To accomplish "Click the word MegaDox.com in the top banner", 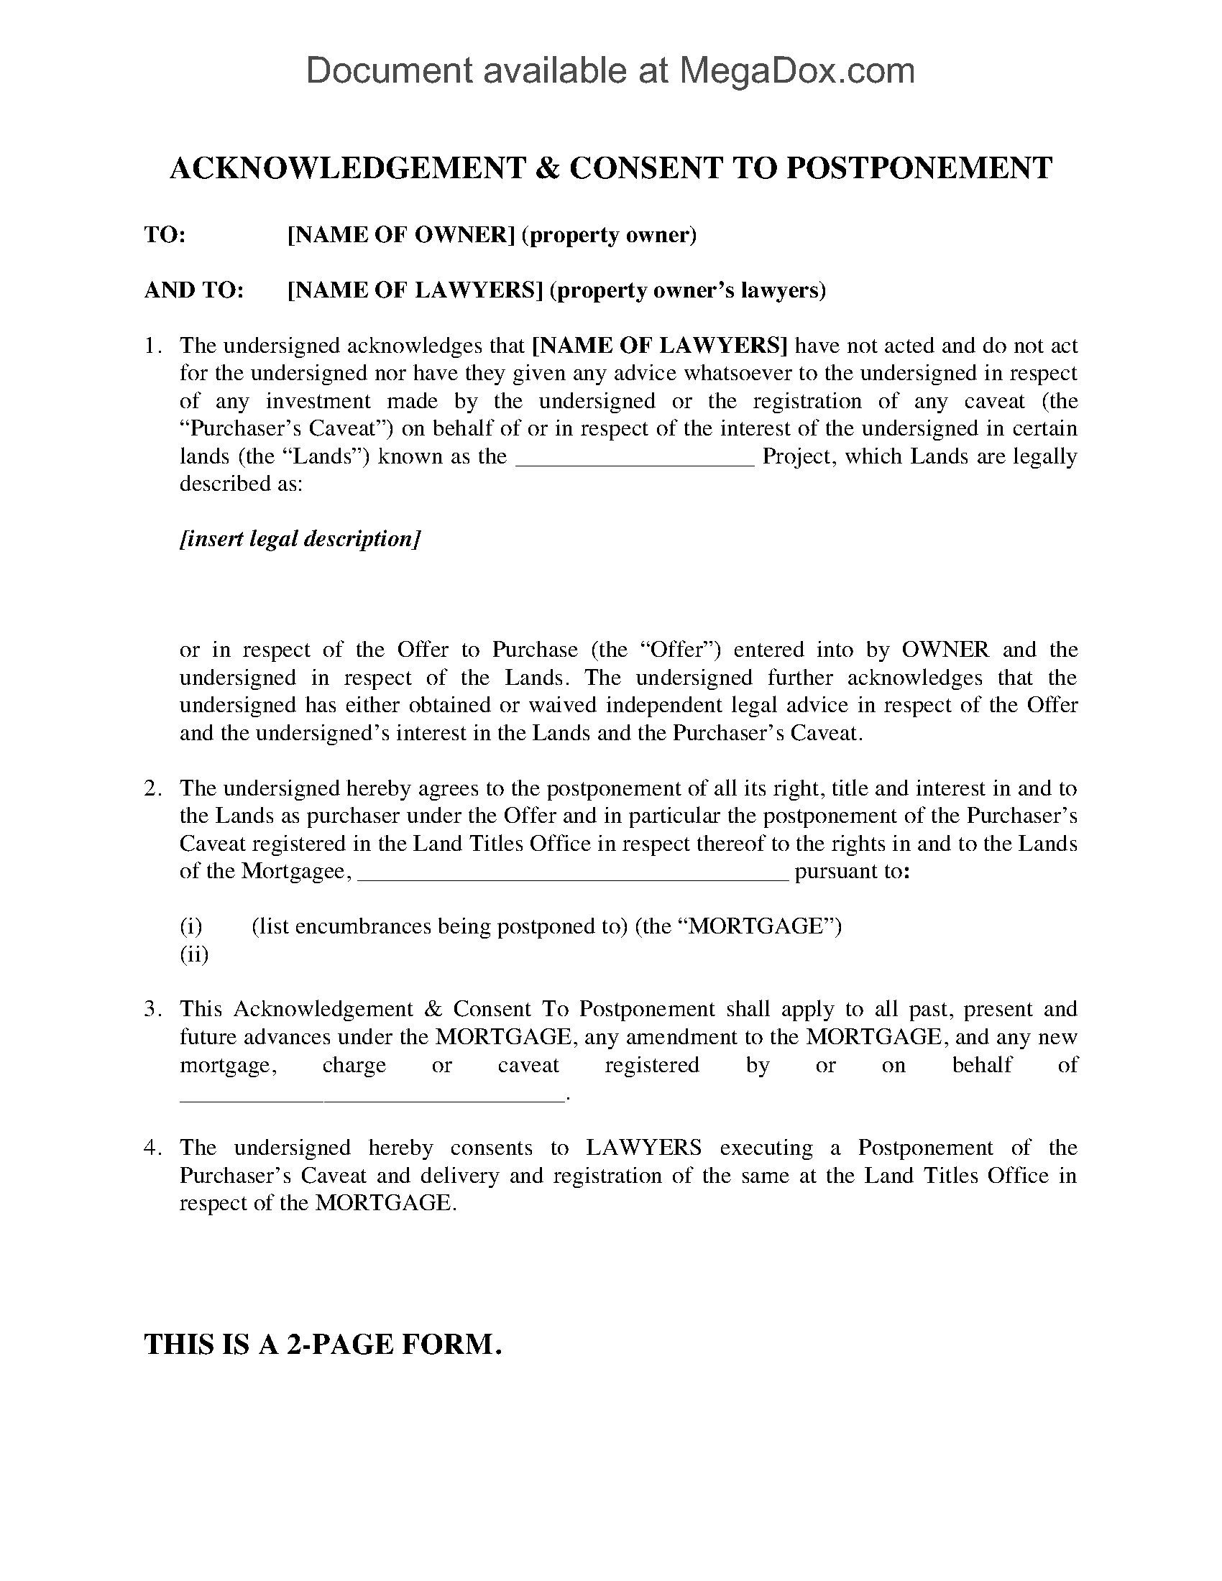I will (x=796, y=71).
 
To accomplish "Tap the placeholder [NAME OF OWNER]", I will (x=400, y=235).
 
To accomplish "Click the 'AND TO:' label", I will (x=194, y=290).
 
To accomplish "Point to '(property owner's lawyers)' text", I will (x=688, y=290).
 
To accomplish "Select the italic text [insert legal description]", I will (x=300, y=539).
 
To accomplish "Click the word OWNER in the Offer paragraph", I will (x=945, y=650).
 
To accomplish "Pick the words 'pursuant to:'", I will (x=851, y=871).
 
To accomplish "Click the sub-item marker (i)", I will (x=191, y=926).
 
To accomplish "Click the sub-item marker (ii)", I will (x=194, y=954).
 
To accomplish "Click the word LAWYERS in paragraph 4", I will (x=643, y=1148).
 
